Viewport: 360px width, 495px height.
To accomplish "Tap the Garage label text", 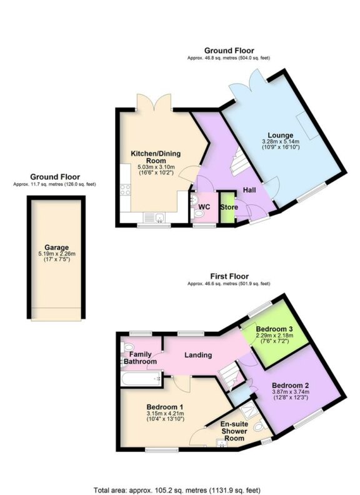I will (x=56, y=247).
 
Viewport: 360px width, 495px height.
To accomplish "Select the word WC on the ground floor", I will (x=204, y=207).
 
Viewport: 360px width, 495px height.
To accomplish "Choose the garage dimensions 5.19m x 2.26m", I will (x=56, y=254).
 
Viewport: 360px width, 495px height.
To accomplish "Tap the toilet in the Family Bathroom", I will (x=127, y=347).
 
